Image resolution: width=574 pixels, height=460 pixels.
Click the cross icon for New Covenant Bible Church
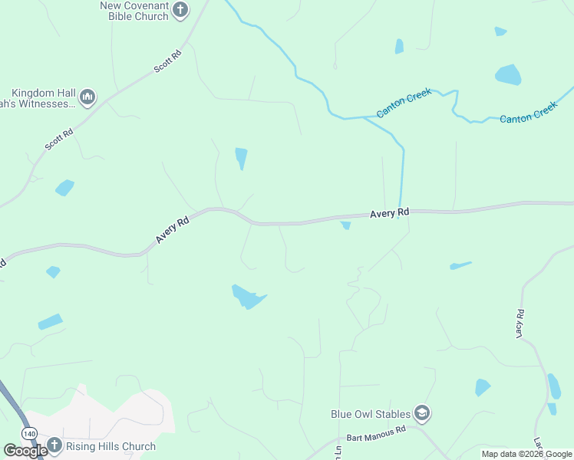180,10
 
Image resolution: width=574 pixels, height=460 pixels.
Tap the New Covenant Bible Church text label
134,11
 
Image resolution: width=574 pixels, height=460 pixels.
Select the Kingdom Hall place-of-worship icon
87,97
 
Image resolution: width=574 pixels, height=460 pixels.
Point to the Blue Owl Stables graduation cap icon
421,414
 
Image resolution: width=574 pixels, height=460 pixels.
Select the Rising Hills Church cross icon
54,445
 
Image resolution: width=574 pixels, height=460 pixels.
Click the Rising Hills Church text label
111,446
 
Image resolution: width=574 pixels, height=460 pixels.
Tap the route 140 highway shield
29,434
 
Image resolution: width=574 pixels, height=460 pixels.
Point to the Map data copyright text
526,454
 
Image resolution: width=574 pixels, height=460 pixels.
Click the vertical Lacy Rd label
520,324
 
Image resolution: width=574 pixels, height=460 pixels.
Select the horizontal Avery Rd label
390,212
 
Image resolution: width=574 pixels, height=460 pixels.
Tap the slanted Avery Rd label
173,230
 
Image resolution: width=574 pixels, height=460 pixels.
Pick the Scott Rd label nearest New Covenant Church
167,62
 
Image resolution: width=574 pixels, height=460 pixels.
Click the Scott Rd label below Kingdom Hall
58,138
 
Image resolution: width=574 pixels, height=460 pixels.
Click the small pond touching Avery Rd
345,225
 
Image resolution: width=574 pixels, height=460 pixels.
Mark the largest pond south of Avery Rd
248,296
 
